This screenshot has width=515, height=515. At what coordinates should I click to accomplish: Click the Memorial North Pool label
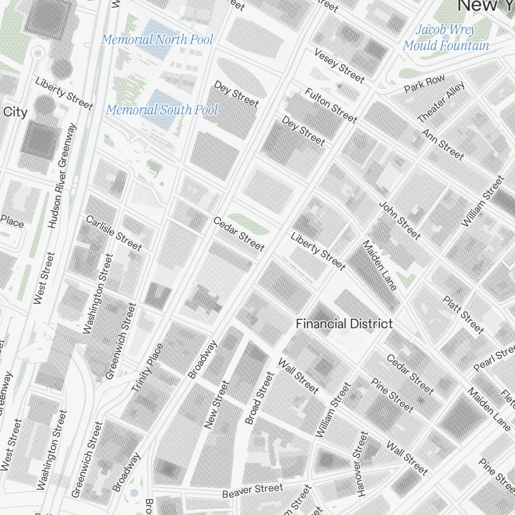tap(157, 40)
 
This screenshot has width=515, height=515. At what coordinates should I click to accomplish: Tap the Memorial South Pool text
tap(162, 110)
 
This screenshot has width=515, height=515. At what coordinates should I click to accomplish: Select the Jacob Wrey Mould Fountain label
tap(446, 38)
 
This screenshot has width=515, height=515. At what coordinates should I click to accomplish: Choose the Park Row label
tap(424, 83)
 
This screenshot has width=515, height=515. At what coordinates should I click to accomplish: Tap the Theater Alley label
tap(441, 102)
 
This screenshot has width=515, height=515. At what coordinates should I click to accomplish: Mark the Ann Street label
tap(443, 144)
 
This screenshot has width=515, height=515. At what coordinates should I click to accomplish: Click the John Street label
tap(400, 220)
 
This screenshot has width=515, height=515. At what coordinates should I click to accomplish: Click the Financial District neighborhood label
tap(345, 324)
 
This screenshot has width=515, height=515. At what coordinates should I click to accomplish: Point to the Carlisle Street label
tap(113, 233)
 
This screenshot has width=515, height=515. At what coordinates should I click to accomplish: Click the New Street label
tap(216, 405)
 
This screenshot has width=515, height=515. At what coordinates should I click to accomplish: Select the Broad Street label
tap(260, 398)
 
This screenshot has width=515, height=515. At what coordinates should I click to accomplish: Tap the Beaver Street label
tap(252, 491)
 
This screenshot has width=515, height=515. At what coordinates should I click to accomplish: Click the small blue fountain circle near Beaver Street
tap(134, 493)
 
